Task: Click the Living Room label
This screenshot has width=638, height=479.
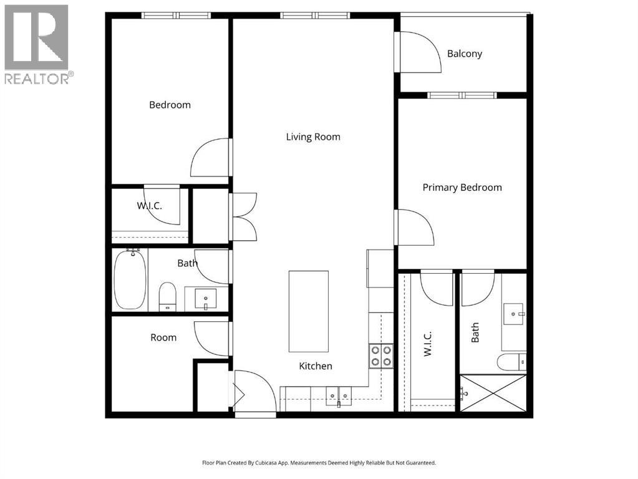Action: pos(313,137)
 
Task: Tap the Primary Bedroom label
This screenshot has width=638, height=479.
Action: pos(462,187)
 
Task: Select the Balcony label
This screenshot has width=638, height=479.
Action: pos(465,54)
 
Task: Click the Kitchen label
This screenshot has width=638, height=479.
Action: pos(316,366)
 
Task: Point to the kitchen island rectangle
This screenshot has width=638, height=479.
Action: pos(308,311)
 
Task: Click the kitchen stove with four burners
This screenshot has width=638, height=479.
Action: pos(381,356)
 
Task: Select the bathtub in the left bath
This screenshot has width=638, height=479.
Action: pos(130,279)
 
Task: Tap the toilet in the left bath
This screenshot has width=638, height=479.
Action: pos(167,296)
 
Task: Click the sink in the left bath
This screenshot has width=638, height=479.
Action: pos(205,299)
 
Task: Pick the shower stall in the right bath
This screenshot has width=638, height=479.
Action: pos(493,392)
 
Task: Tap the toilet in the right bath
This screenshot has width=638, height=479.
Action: pos(513,362)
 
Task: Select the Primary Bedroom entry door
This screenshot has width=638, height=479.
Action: pos(413,228)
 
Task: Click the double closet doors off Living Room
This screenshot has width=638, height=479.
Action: pos(244,216)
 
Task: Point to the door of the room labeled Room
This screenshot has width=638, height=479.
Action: pos(212,339)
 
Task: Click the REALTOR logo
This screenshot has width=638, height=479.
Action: pos(37,44)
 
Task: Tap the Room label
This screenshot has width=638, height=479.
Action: pos(163,337)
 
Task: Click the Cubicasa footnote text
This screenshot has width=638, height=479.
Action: pos(319,463)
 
